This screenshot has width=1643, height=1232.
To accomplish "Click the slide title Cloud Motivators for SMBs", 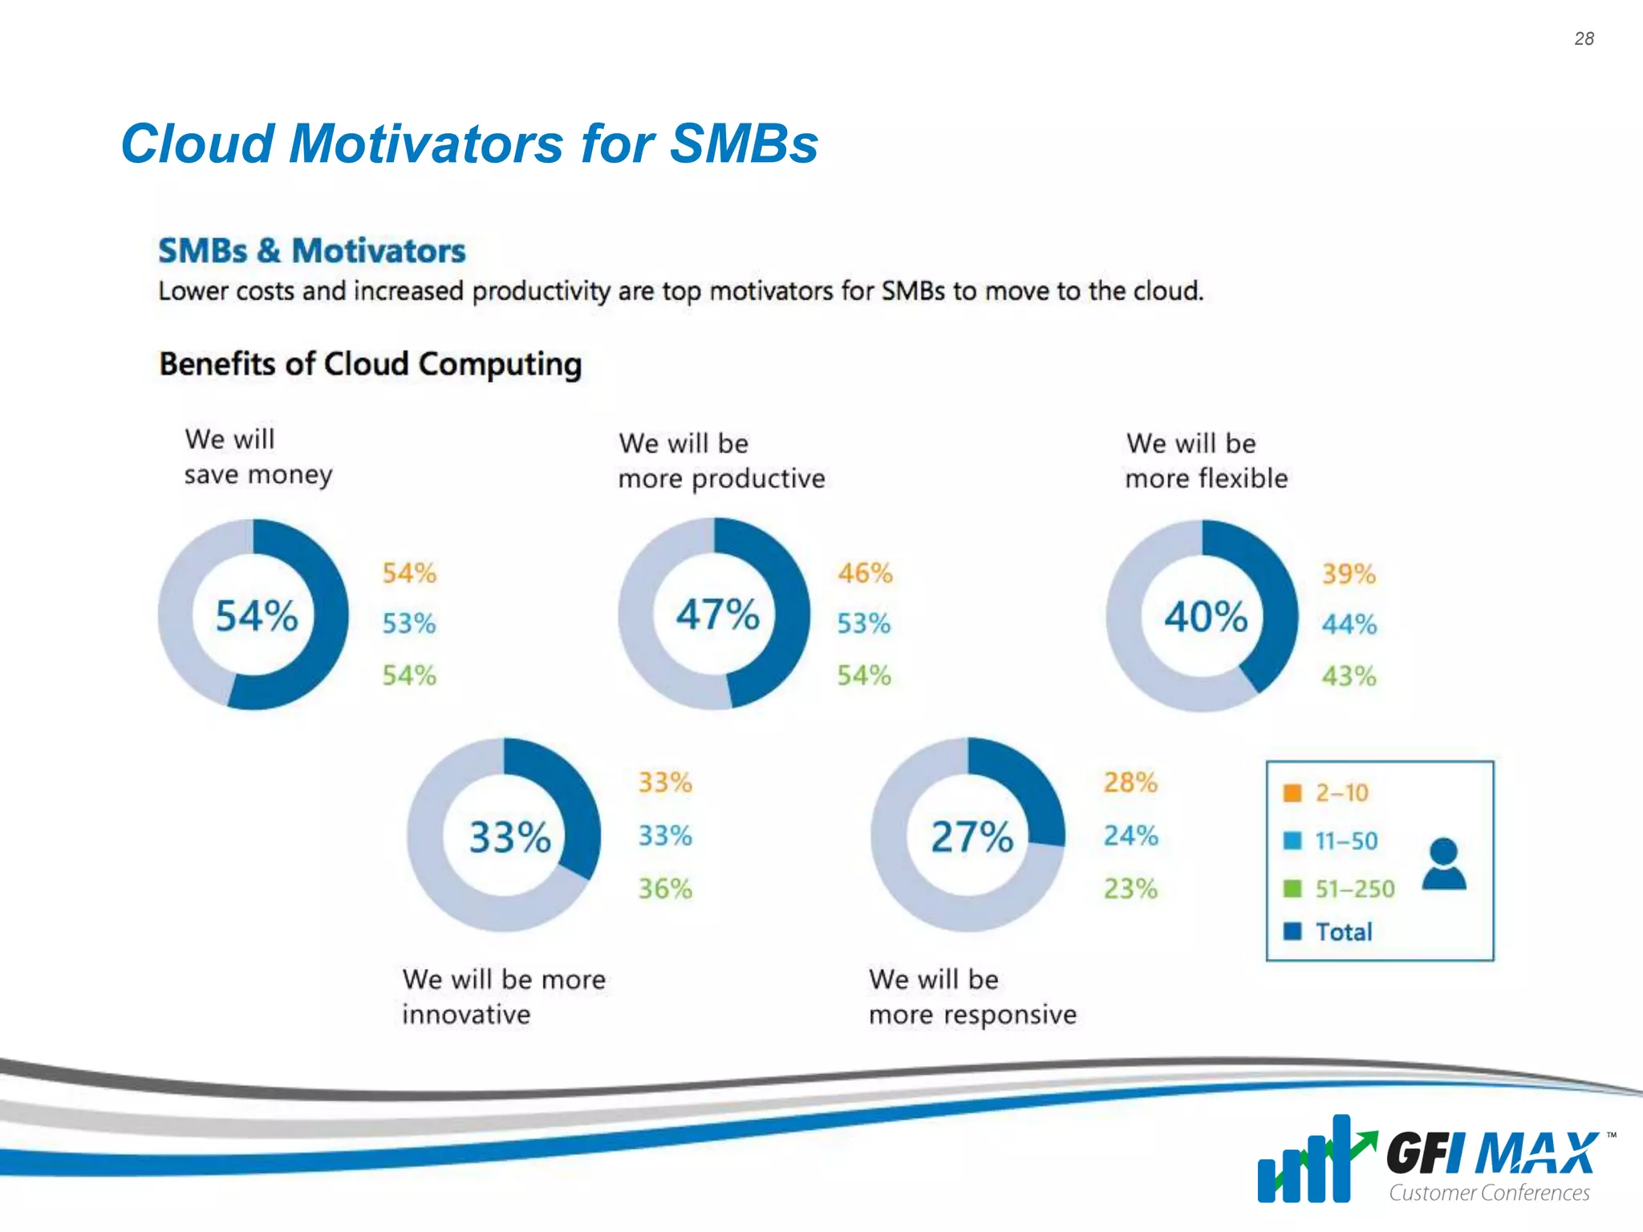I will point(469,144).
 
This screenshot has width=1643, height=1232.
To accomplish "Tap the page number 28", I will point(1584,38).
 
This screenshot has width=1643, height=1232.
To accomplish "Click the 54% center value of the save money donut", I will point(257,616).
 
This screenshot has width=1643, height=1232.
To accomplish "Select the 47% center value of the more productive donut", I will point(717,614).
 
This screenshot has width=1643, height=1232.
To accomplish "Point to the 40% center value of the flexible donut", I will point(1205,617).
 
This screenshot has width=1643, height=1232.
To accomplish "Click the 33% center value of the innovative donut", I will point(509,837).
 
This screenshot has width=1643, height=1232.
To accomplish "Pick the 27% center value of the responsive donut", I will point(972,837).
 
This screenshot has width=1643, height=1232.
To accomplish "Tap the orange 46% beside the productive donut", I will point(865,573).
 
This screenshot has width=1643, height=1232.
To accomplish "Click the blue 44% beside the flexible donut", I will point(1349,624).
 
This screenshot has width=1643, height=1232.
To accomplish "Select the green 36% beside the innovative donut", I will point(665,889).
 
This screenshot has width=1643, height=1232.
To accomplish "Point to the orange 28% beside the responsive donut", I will point(1130,782).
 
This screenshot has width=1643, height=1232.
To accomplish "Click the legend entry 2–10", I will point(1341,793).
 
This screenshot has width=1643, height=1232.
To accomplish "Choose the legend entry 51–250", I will point(1354,889).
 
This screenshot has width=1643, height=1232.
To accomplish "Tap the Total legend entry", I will point(1344,932).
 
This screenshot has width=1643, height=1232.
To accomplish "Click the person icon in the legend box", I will point(1443,865).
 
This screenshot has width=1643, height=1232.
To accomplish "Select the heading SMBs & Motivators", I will point(311,251).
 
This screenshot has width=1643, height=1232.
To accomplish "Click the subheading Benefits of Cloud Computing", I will point(370,364).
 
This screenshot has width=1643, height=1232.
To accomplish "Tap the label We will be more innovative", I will point(503,996).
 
